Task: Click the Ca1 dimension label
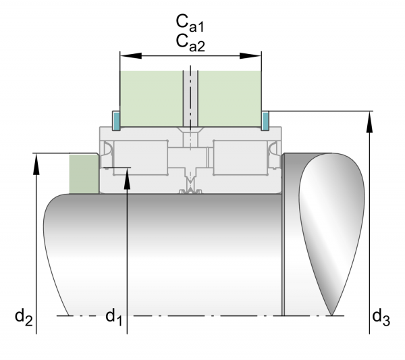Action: click(190, 25)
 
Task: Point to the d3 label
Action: click(381, 315)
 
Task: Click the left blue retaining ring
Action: click(116, 120)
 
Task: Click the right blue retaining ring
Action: click(265, 120)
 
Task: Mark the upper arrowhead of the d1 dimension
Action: click(127, 176)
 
